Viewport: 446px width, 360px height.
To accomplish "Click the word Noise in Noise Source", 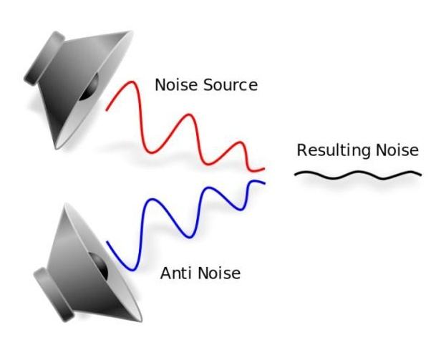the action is (176, 85).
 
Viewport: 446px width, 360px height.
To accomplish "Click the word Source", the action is (231, 85).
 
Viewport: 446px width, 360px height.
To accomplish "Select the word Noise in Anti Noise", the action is (219, 273).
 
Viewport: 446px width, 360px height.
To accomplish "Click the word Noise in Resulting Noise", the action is (397, 150).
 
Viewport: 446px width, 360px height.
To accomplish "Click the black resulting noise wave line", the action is (358, 175).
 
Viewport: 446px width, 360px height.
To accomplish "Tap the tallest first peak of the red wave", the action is (132, 82).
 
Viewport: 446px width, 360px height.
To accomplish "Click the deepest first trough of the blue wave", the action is (132, 270).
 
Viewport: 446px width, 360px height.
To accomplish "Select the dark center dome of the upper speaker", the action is (89, 87).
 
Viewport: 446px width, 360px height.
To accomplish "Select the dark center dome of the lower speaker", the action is (99, 266).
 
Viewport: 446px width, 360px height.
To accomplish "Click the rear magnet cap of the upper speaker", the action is (44, 58).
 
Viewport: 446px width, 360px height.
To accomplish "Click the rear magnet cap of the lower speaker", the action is (54, 295).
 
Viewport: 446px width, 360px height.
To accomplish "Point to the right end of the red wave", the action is (264, 169).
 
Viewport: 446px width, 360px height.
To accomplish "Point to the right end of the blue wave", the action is (265, 184).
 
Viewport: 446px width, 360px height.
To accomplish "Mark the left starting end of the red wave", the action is (107, 110).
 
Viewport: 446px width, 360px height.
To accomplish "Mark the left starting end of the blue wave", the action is (107, 242).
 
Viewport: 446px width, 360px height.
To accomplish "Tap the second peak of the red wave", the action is (189, 115).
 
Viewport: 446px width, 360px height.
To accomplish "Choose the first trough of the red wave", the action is (152, 152).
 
